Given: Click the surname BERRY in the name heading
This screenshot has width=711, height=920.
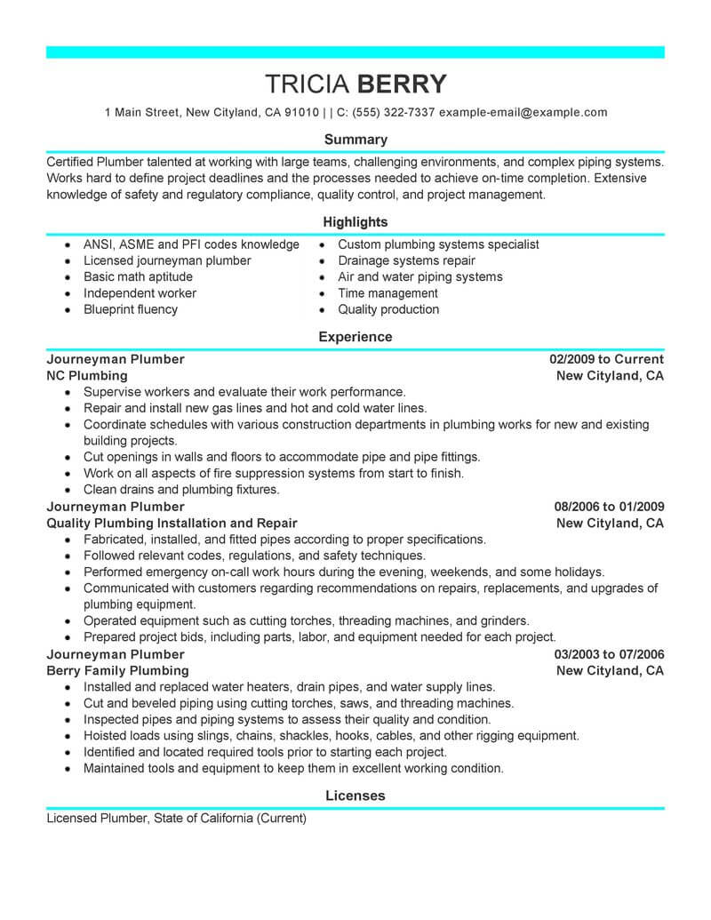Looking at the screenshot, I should (402, 84).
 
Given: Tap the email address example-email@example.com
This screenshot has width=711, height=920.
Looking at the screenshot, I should (523, 113).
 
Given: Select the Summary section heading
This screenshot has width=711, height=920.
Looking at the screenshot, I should (355, 140).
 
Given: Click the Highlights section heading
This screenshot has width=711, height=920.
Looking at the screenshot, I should (355, 222).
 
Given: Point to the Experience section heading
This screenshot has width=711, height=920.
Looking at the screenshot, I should (355, 338).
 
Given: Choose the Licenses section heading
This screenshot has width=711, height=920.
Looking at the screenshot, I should (355, 796).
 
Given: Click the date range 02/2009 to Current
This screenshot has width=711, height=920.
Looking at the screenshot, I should (607, 360).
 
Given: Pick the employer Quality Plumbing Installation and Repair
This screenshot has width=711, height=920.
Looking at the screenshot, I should (172, 524).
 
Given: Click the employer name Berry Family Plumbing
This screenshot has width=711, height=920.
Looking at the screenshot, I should (117, 671).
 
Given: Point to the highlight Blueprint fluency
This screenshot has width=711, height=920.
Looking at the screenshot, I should (131, 309).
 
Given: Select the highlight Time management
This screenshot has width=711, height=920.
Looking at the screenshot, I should (387, 293).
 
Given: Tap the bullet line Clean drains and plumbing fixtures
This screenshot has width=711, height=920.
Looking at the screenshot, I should (181, 490).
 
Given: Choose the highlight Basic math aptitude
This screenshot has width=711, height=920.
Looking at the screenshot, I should (138, 277).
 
